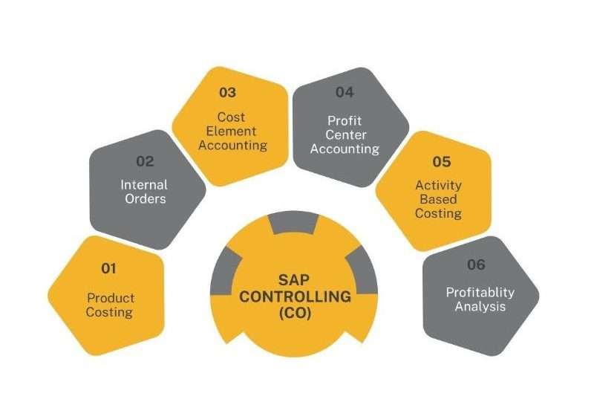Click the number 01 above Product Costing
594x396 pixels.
tap(108, 269)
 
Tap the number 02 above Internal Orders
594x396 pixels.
tap(145, 161)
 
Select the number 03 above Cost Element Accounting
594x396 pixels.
tap(228, 92)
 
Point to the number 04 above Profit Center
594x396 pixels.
tap(345, 92)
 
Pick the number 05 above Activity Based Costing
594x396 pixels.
tap(442, 162)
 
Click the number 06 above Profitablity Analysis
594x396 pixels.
tap(476, 264)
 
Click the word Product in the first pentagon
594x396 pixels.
tap(111, 298)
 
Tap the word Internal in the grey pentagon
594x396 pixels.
tap(144, 185)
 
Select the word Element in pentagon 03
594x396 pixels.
tap(231, 131)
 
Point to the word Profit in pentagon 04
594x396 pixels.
tap(345, 121)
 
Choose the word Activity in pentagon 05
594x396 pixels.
tap(438, 186)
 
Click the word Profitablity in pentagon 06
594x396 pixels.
tap(480, 293)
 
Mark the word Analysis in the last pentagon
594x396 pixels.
tap(480, 306)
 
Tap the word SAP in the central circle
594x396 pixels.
tap(294, 280)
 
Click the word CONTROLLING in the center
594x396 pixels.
tap(295, 296)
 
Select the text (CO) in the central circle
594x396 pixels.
tap(295, 313)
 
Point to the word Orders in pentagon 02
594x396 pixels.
tap(146, 199)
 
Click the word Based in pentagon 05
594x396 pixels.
tap(438, 199)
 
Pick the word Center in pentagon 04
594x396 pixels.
tap(345, 135)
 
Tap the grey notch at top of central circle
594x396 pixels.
tap(293, 224)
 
